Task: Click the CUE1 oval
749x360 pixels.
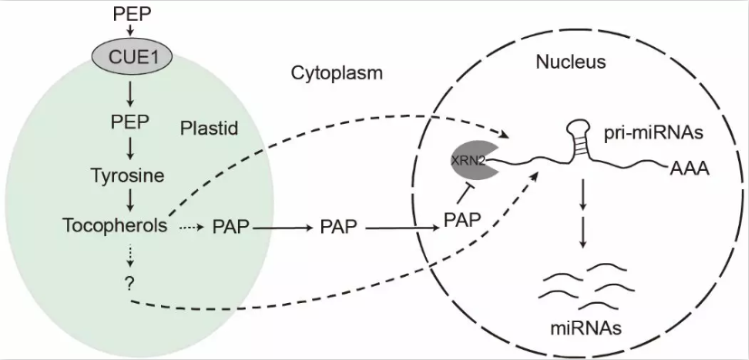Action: pyautogui.click(x=132, y=58)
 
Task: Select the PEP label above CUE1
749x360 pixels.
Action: pyautogui.click(x=132, y=14)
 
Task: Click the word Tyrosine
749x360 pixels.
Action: pyautogui.click(x=128, y=175)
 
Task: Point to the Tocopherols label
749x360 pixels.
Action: pyautogui.click(x=115, y=224)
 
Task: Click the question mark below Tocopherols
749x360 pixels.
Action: pyautogui.click(x=129, y=283)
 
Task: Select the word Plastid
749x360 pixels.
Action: pyautogui.click(x=209, y=128)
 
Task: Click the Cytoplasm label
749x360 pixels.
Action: pyautogui.click(x=337, y=73)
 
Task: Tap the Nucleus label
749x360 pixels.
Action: pyautogui.click(x=571, y=62)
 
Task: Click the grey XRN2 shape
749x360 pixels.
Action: pyautogui.click(x=471, y=160)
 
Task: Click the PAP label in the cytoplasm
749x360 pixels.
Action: pyautogui.click(x=337, y=227)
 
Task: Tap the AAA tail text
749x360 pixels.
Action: pyautogui.click(x=688, y=168)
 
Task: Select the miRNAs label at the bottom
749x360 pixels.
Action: pyautogui.click(x=586, y=328)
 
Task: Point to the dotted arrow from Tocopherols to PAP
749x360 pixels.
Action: pyautogui.click(x=191, y=227)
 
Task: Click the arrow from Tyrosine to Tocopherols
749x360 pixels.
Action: pyautogui.click(x=129, y=202)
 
